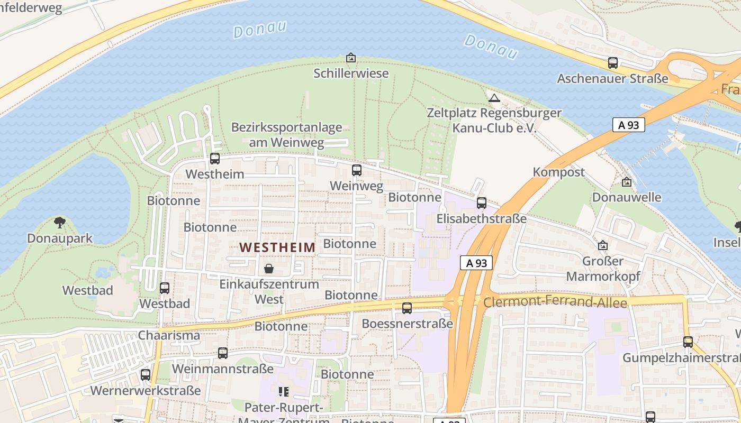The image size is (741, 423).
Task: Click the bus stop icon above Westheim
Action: click(x=215, y=158)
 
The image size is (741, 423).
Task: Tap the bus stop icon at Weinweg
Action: click(x=357, y=170)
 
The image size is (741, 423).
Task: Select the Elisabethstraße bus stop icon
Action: click(x=482, y=203)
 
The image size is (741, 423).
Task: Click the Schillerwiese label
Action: click(x=351, y=73)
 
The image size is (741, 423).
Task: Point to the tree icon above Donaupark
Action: click(x=60, y=223)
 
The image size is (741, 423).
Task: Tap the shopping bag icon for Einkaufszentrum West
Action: click(x=269, y=269)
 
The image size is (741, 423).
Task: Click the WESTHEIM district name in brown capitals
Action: click(x=277, y=247)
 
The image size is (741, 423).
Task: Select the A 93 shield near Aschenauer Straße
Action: click(x=629, y=125)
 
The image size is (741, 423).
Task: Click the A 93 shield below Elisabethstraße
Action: click(x=476, y=263)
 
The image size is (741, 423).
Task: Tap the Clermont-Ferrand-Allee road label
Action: click(x=555, y=302)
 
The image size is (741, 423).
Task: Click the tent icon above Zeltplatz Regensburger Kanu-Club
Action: click(x=494, y=98)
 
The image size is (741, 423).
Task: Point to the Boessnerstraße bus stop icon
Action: click(x=407, y=308)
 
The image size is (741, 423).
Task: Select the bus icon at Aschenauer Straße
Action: click(x=613, y=63)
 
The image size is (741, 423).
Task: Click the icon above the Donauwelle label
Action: click(x=627, y=182)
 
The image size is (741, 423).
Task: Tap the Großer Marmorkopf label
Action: click(x=603, y=269)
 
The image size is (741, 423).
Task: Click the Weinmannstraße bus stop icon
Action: click(x=223, y=353)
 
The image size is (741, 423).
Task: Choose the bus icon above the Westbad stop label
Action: click(x=165, y=288)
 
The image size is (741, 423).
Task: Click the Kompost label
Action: click(x=558, y=172)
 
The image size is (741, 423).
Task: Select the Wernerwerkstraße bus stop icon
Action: click(x=146, y=375)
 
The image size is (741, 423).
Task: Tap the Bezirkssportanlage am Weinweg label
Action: click(x=286, y=135)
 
